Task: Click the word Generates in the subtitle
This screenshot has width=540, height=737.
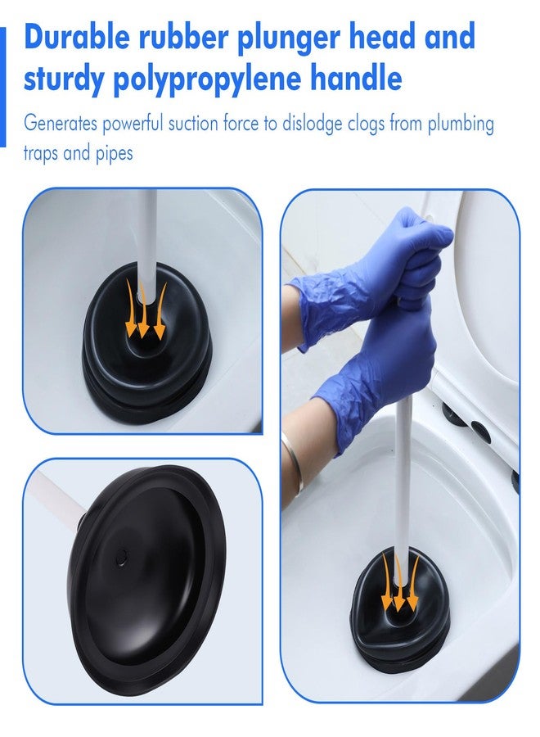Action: click(61, 124)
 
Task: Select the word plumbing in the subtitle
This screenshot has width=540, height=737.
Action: click(461, 125)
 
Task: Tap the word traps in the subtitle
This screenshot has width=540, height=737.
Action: click(41, 153)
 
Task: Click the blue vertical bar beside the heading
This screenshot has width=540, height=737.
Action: click(2, 87)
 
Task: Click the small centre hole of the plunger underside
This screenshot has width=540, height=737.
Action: click(122, 557)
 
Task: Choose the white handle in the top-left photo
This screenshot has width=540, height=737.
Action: click(146, 244)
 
